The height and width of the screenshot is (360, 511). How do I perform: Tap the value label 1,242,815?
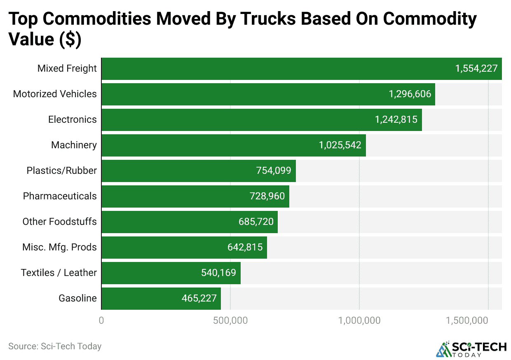coord(396,120)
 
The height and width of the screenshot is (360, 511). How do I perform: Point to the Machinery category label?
coord(74,145)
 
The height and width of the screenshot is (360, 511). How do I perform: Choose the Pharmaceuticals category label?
coord(60,196)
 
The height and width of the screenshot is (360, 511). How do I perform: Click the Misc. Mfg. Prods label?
coord(59,247)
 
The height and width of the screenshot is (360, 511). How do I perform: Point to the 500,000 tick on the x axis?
coord(230,321)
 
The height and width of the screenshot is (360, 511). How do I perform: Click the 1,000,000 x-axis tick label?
coord(359,321)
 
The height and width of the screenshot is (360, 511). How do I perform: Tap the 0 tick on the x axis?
coord(101,321)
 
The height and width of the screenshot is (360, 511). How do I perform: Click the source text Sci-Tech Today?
coord(55,346)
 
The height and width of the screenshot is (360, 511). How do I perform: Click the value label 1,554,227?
coord(476,69)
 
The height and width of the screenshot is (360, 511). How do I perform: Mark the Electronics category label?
coord(73,120)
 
